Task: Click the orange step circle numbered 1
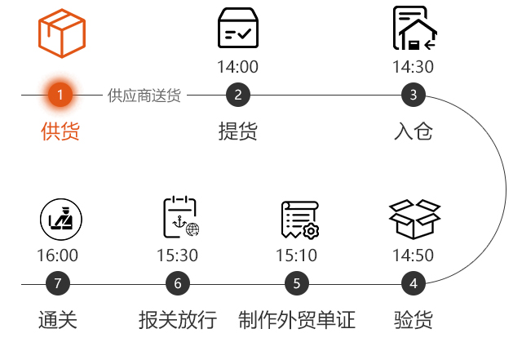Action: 60,95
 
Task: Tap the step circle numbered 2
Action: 237,95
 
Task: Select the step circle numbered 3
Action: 414,95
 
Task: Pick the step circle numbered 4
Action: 414,284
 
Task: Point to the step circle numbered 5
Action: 297,284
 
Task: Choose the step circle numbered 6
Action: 178,284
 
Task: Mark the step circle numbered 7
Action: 57,284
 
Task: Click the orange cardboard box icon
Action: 61,33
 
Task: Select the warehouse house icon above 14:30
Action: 414,29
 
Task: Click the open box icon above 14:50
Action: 414,218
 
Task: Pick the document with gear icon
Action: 299,219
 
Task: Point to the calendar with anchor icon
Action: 179,217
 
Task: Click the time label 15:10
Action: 297,256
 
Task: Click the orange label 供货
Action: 60,131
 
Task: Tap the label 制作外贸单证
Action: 297,319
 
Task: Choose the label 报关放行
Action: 178,319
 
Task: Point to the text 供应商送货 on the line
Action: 144,96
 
